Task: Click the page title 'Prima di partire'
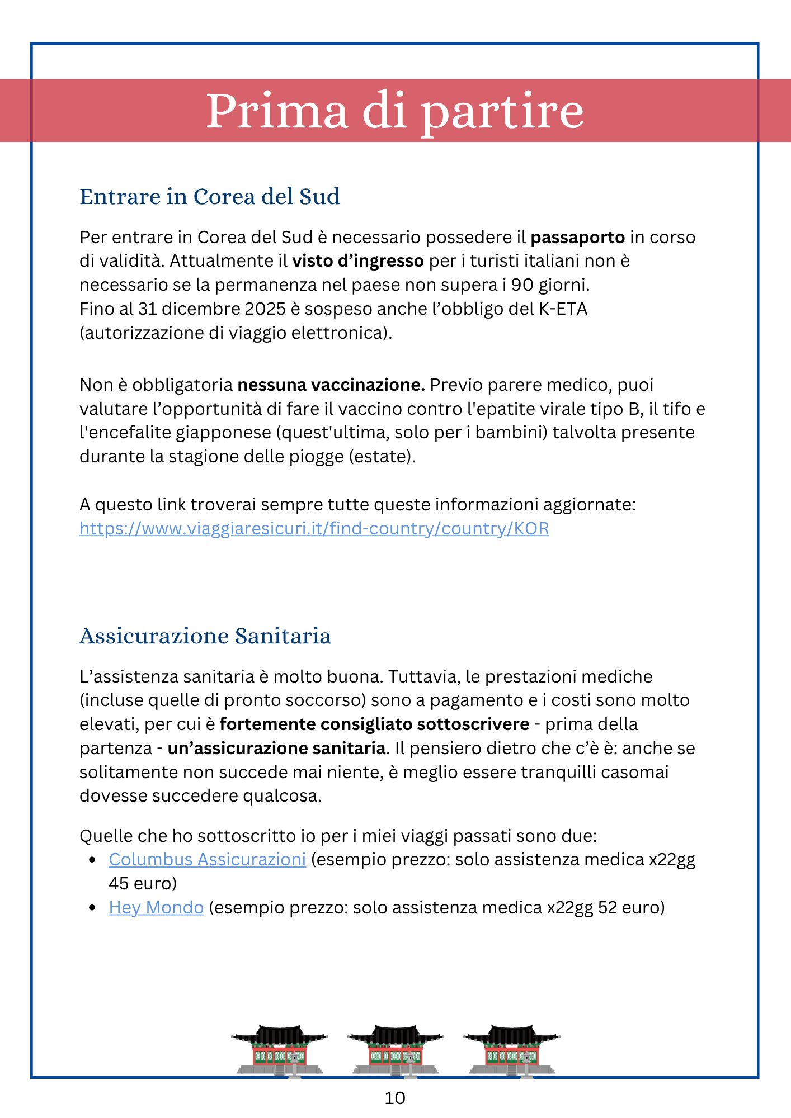point(395,110)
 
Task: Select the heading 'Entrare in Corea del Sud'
point(210,197)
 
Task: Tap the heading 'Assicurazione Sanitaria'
point(205,636)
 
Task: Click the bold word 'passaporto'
point(577,238)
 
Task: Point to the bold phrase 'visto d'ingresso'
point(358,261)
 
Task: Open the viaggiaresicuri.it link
point(314,528)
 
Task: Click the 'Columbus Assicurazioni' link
point(207,859)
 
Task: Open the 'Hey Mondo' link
point(156,907)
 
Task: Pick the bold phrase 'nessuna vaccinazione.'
point(331,385)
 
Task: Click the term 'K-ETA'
point(563,309)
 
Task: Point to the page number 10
point(395,1098)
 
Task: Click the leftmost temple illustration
point(279,1051)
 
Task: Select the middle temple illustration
point(396,1051)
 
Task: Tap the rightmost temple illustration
point(511,1051)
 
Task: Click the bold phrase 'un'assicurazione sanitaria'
point(276,749)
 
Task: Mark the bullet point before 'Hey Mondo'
point(93,907)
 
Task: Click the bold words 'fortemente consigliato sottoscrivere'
point(374,724)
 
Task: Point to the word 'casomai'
point(635,773)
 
